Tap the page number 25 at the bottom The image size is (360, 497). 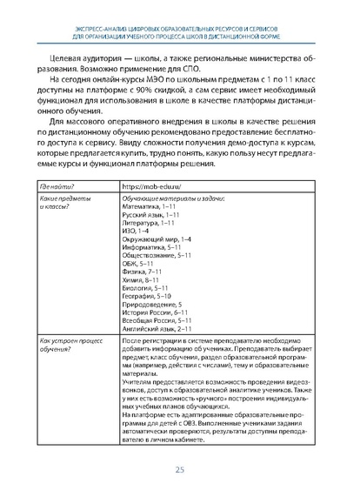click(180, 470)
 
